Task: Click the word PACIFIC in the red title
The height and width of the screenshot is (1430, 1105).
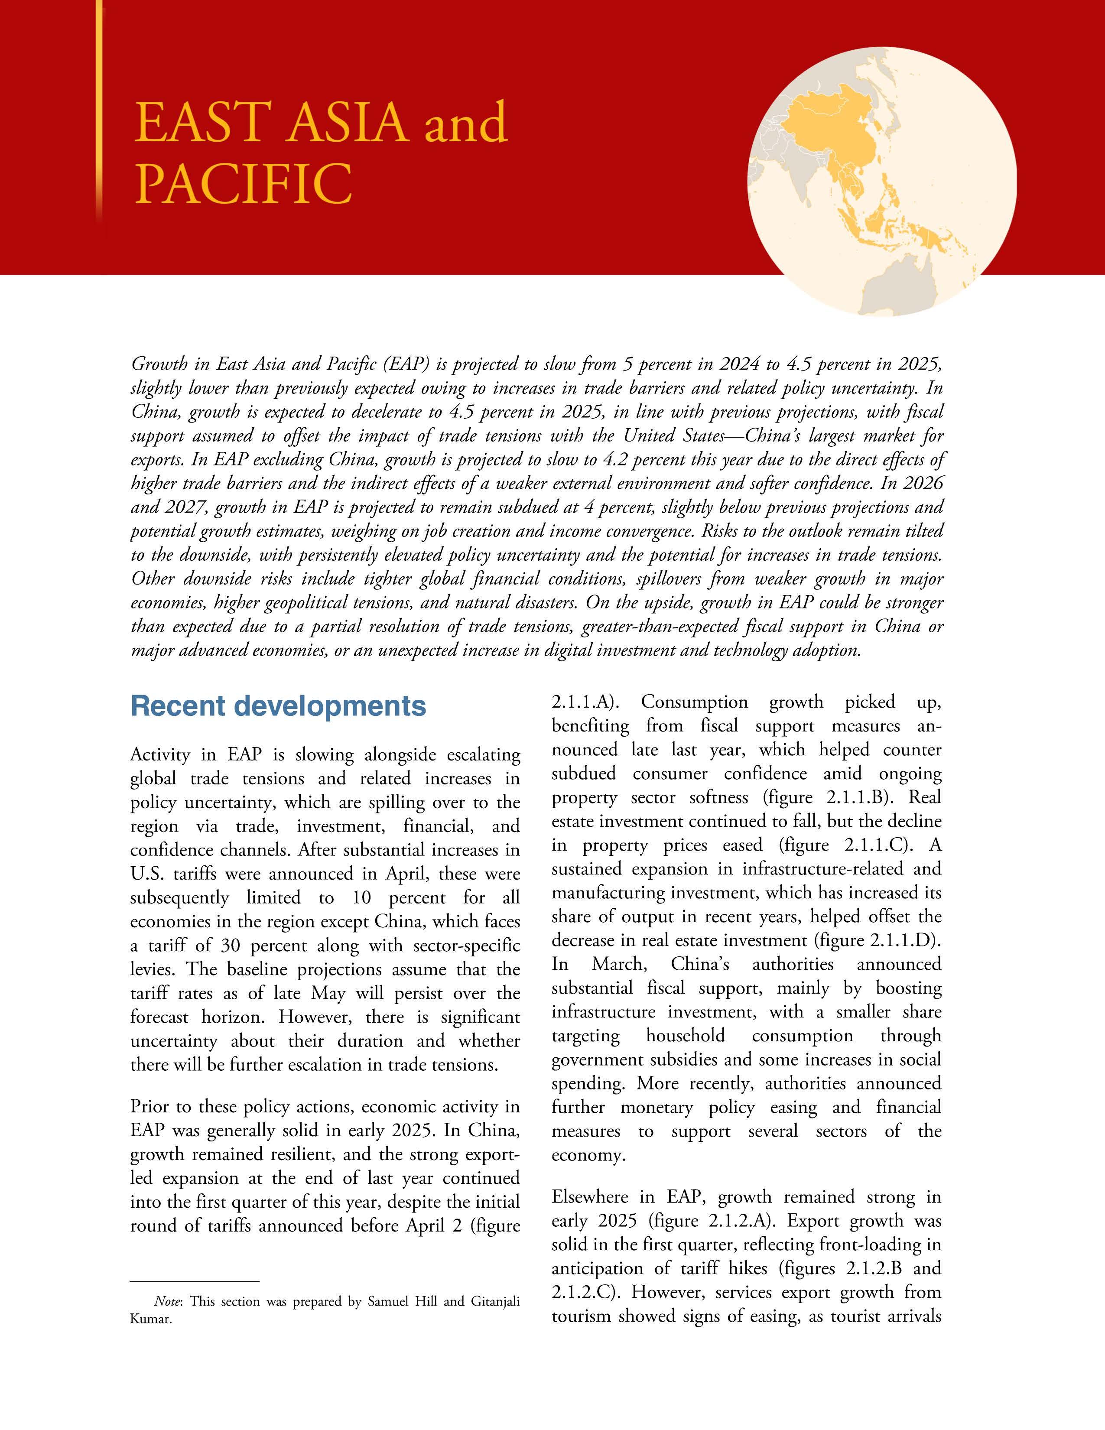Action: coord(243,185)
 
